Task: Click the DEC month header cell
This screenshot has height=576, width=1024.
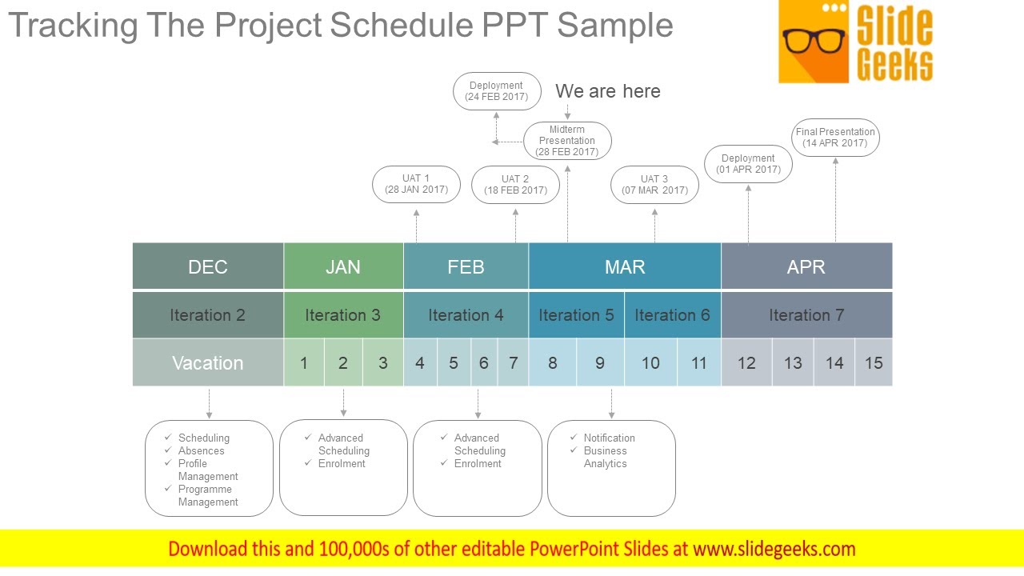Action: click(208, 266)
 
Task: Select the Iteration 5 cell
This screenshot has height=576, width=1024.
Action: click(576, 315)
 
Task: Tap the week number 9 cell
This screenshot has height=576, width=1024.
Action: click(600, 363)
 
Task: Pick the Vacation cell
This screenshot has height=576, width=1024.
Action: click(208, 363)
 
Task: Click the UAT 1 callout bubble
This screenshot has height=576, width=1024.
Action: click(416, 184)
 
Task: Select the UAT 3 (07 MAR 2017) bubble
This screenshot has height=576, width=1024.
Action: click(654, 185)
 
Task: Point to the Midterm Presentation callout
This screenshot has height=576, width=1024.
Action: click(567, 141)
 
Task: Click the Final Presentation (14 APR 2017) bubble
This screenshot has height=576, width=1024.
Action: click(835, 138)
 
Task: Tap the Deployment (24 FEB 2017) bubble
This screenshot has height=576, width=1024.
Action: click(496, 91)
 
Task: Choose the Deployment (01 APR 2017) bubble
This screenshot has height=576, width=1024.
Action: click(748, 164)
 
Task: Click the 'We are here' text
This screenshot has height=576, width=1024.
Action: click(608, 91)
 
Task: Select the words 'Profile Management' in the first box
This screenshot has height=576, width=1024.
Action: click(207, 470)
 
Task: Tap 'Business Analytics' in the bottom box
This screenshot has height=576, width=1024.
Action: click(605, 457)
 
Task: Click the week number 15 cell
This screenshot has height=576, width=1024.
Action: click(874, 363)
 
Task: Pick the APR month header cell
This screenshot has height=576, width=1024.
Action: click(806, 266)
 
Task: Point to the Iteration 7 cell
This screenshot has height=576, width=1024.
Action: click(806, 315)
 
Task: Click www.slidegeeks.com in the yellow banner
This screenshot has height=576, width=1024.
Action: click(774, 549)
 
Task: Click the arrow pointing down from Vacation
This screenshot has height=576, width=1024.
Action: click(209, 404)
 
